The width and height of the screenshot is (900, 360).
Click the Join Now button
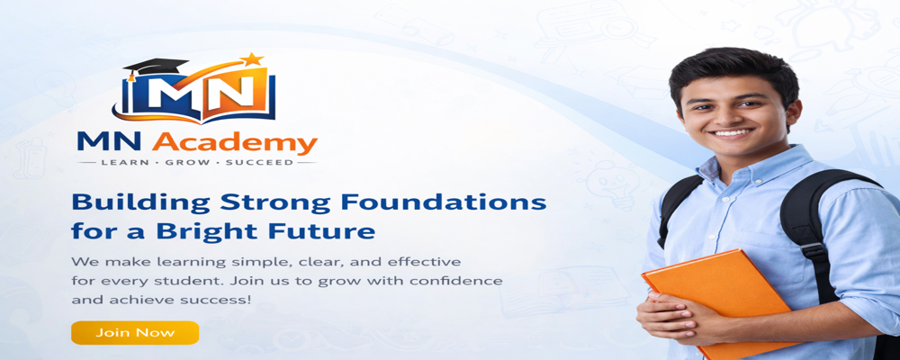tap(135, 333)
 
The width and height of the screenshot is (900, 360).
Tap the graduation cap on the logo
tap(153, 68)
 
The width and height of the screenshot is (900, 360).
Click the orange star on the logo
tap(251, 59)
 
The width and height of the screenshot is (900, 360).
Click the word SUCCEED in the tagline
tap(261, 163)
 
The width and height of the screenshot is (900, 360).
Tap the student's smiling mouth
tap(732, 132)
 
